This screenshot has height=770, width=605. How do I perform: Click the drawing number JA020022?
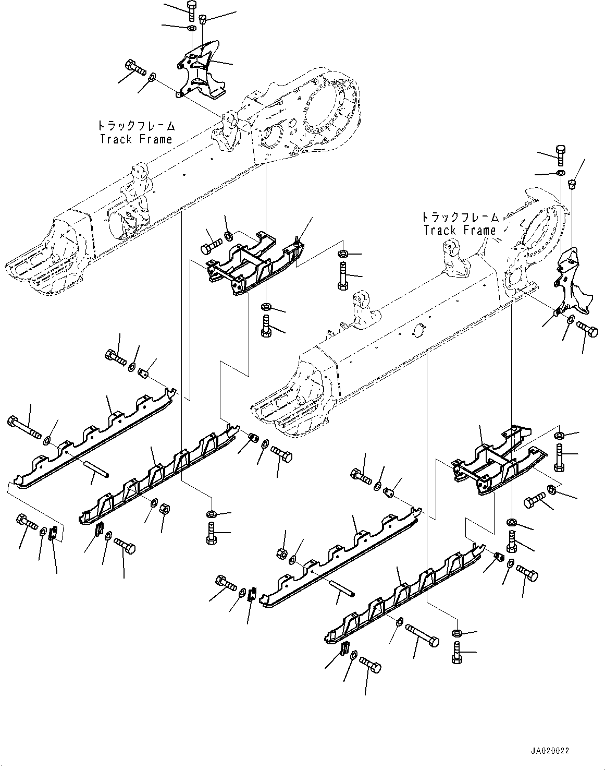[550, 750]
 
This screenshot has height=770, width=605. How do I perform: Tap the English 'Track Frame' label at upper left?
[135, 139]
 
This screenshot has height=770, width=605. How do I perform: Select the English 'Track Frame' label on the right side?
[459, 230]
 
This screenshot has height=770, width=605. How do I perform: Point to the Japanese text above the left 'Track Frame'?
[135, 126]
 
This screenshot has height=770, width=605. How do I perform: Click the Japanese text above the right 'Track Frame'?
[459, 217]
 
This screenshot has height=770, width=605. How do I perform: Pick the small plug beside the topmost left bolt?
[204, 19]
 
